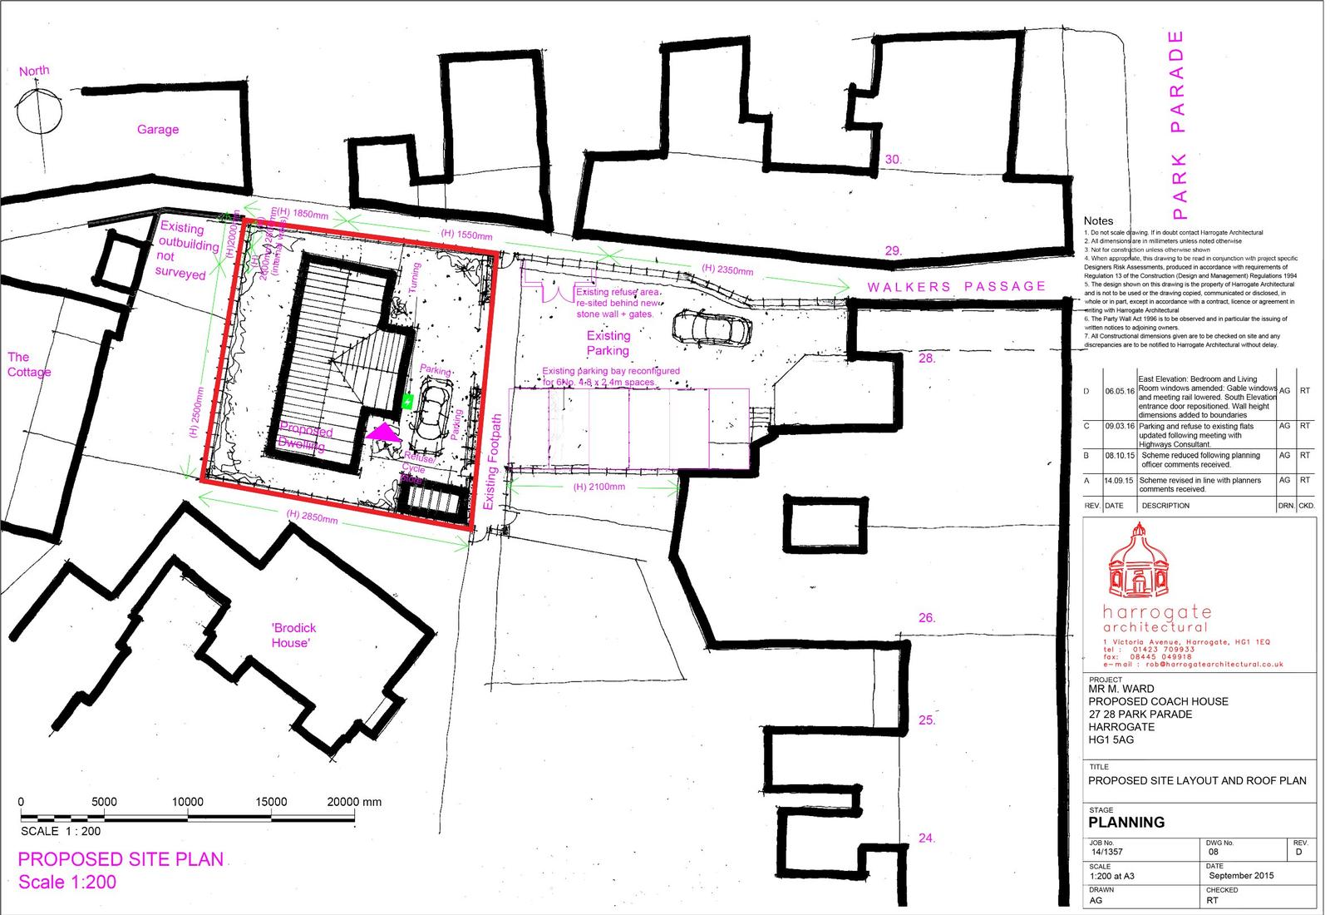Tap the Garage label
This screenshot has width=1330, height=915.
pos(158,129)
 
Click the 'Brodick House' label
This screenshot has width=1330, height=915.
pos(293,636)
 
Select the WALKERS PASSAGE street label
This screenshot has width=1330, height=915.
pos(957,286)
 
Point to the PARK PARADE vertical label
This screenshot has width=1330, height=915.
pos(1176,119)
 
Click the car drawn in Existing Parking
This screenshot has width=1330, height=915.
pos(712,329)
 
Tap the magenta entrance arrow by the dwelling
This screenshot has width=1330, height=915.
pos(382,433)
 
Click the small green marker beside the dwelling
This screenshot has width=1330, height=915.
pos(407,402)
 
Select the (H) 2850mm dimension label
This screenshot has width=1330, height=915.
pos(312,517)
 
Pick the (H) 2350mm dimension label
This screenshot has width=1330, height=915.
pos(727,270)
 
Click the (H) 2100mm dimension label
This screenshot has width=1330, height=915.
pos(599,487)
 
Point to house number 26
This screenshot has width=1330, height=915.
pos(927,618)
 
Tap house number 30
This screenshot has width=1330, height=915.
pos(893,159)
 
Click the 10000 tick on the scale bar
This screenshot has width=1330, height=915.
pos(187,802)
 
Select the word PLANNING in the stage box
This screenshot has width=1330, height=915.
pos(1126,822)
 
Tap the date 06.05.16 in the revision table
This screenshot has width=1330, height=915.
pos(1119,390)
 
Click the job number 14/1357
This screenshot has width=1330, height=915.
pos(1107,852)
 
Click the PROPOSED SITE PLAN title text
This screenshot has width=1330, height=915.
pos(121,859)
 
